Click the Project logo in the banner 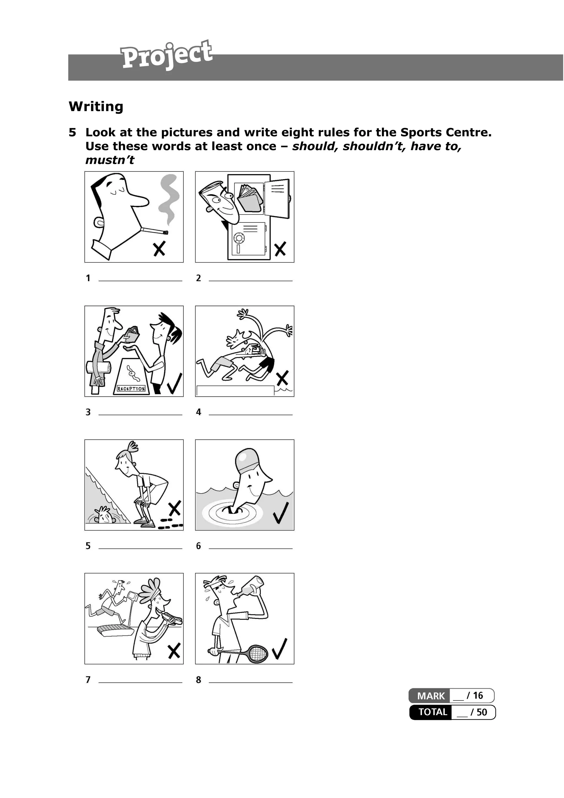[166, 55]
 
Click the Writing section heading [96, 106]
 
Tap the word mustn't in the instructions [109, 160]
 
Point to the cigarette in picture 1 [154, 231]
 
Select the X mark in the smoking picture [159, 249]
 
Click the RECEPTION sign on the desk [131, 389]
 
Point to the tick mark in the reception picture [175, 383]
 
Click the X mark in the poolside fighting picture [282, 378]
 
